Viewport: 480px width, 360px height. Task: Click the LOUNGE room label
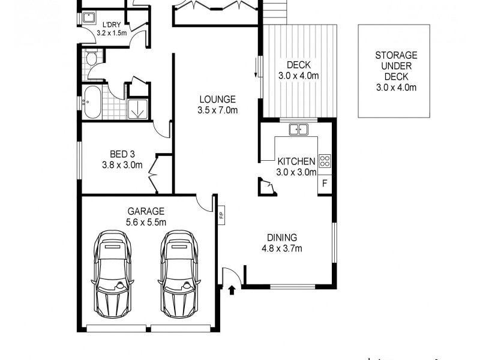pyautogui.click(x=218, y=100)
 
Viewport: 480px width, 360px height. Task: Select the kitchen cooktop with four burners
pyautogui.click(x=325, y=161)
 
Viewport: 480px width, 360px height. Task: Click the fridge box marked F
pyautogui.click(x=325, y=183)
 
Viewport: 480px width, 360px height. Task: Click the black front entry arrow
pyautogui.click(x=233, y=291)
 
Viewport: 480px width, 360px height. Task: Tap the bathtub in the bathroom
pyautogui.click(x=93, y=103)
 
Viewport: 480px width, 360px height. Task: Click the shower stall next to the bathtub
pyautogui.click(x=137, y=109)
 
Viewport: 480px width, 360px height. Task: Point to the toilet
pyautogui.click(x=92, y=58)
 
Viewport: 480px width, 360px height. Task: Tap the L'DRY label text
pyautogui.click(x=112, y=24)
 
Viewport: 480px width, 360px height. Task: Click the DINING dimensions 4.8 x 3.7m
pyautogui.click(x=282, y=248)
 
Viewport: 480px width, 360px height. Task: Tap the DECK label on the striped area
pyautogui.click(x=298, y=65)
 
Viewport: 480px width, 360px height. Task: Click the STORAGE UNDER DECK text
pyautogui.click(x=396, y=65)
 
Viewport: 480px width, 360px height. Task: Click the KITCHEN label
pyautogui.click(x=296, y=161)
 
